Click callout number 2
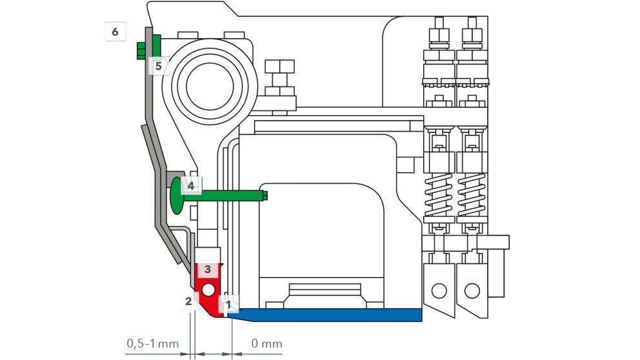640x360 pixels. click(x=188, y=301)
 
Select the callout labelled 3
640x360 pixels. click(x=208, y=268)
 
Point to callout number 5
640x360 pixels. click(x=159, y=65)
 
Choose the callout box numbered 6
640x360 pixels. click(x=115, y=31)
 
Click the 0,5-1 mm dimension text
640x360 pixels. click(x=152, y=343)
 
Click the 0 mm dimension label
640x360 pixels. click(x=266, y=343)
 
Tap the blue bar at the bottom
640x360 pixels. click(x=329, y=315)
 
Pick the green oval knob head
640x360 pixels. click(x=176, y=197)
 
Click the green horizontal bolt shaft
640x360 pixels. click(x=226, y=195)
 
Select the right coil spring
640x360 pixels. click(x=472, y=196)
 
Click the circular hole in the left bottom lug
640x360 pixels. click(x=439, y=290)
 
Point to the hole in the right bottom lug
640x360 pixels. click(x=472, y=290)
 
